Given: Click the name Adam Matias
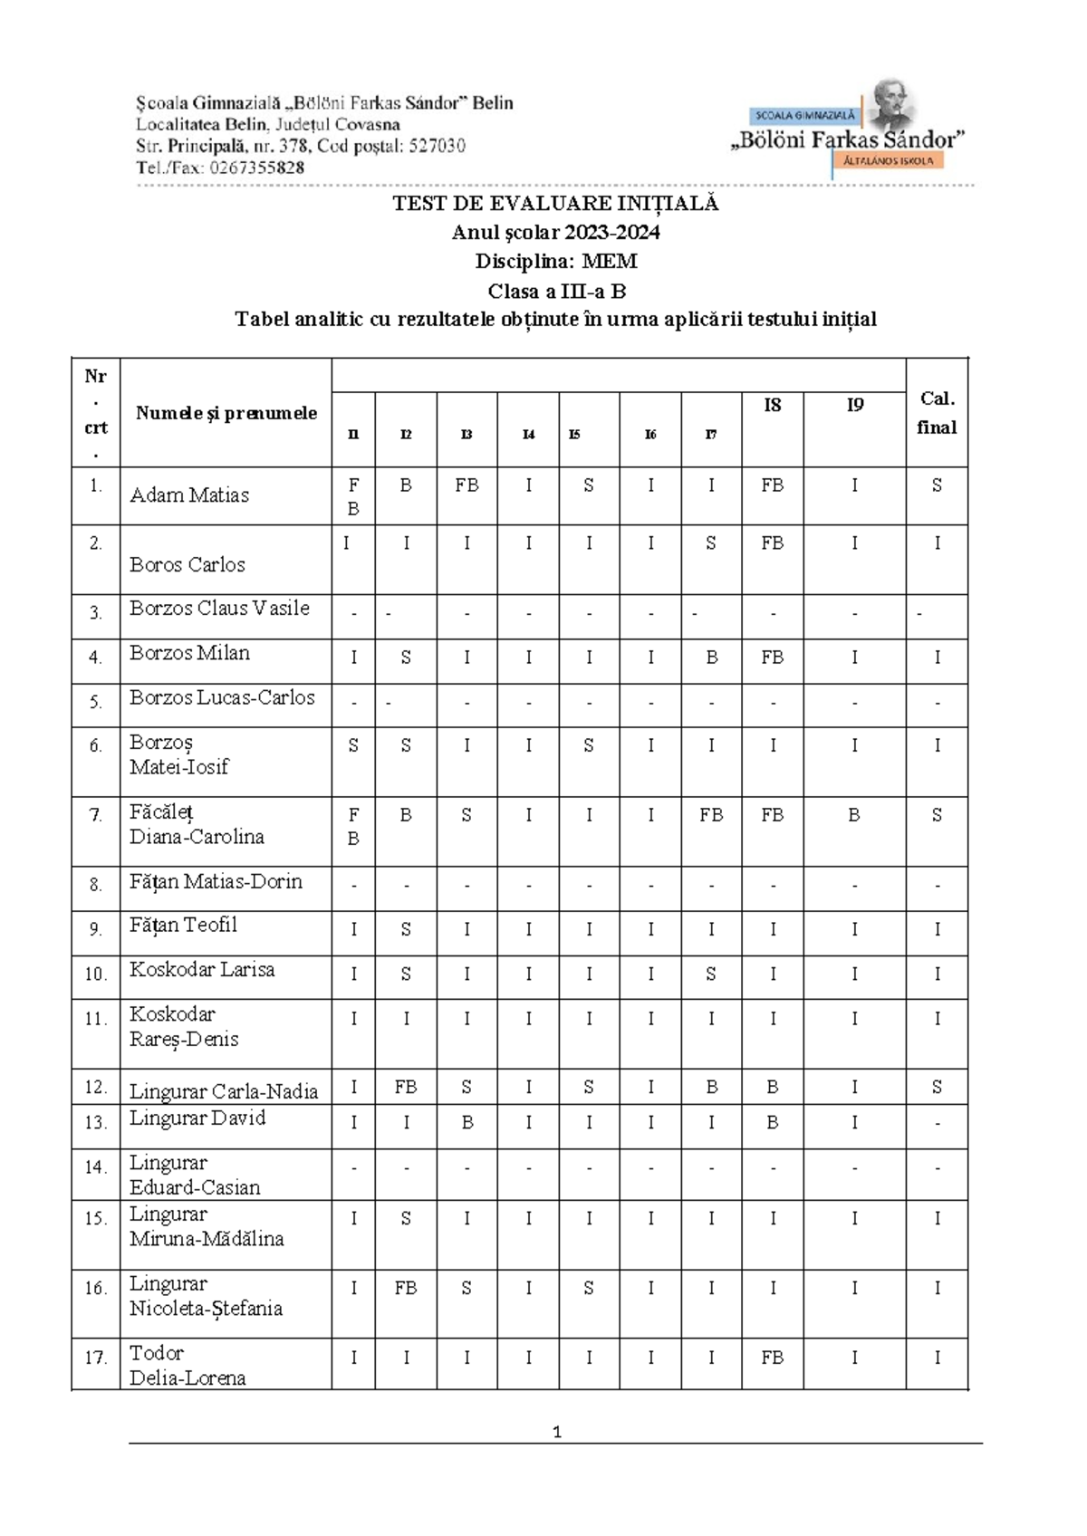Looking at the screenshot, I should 189,495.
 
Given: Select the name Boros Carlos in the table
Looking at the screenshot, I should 187,565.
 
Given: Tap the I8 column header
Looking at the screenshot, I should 772,406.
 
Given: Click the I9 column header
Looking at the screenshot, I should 854,406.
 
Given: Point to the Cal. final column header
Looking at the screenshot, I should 937,413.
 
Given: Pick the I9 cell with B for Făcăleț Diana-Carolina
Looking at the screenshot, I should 854,815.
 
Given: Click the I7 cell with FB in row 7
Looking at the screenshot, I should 711,815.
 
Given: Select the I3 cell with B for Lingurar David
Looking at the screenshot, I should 467,1123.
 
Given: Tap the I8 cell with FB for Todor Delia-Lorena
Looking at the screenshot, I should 772,1358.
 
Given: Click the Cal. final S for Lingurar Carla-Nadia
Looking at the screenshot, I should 937,1087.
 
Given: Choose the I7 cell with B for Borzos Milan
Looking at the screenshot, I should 711,658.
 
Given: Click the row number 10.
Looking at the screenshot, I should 95,974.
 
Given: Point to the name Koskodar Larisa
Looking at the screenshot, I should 202,970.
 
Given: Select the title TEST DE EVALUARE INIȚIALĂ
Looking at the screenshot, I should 555,204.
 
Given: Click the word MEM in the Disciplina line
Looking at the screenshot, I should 609,262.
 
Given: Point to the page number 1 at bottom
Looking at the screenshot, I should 556,1432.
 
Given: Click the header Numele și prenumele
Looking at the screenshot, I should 226,413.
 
